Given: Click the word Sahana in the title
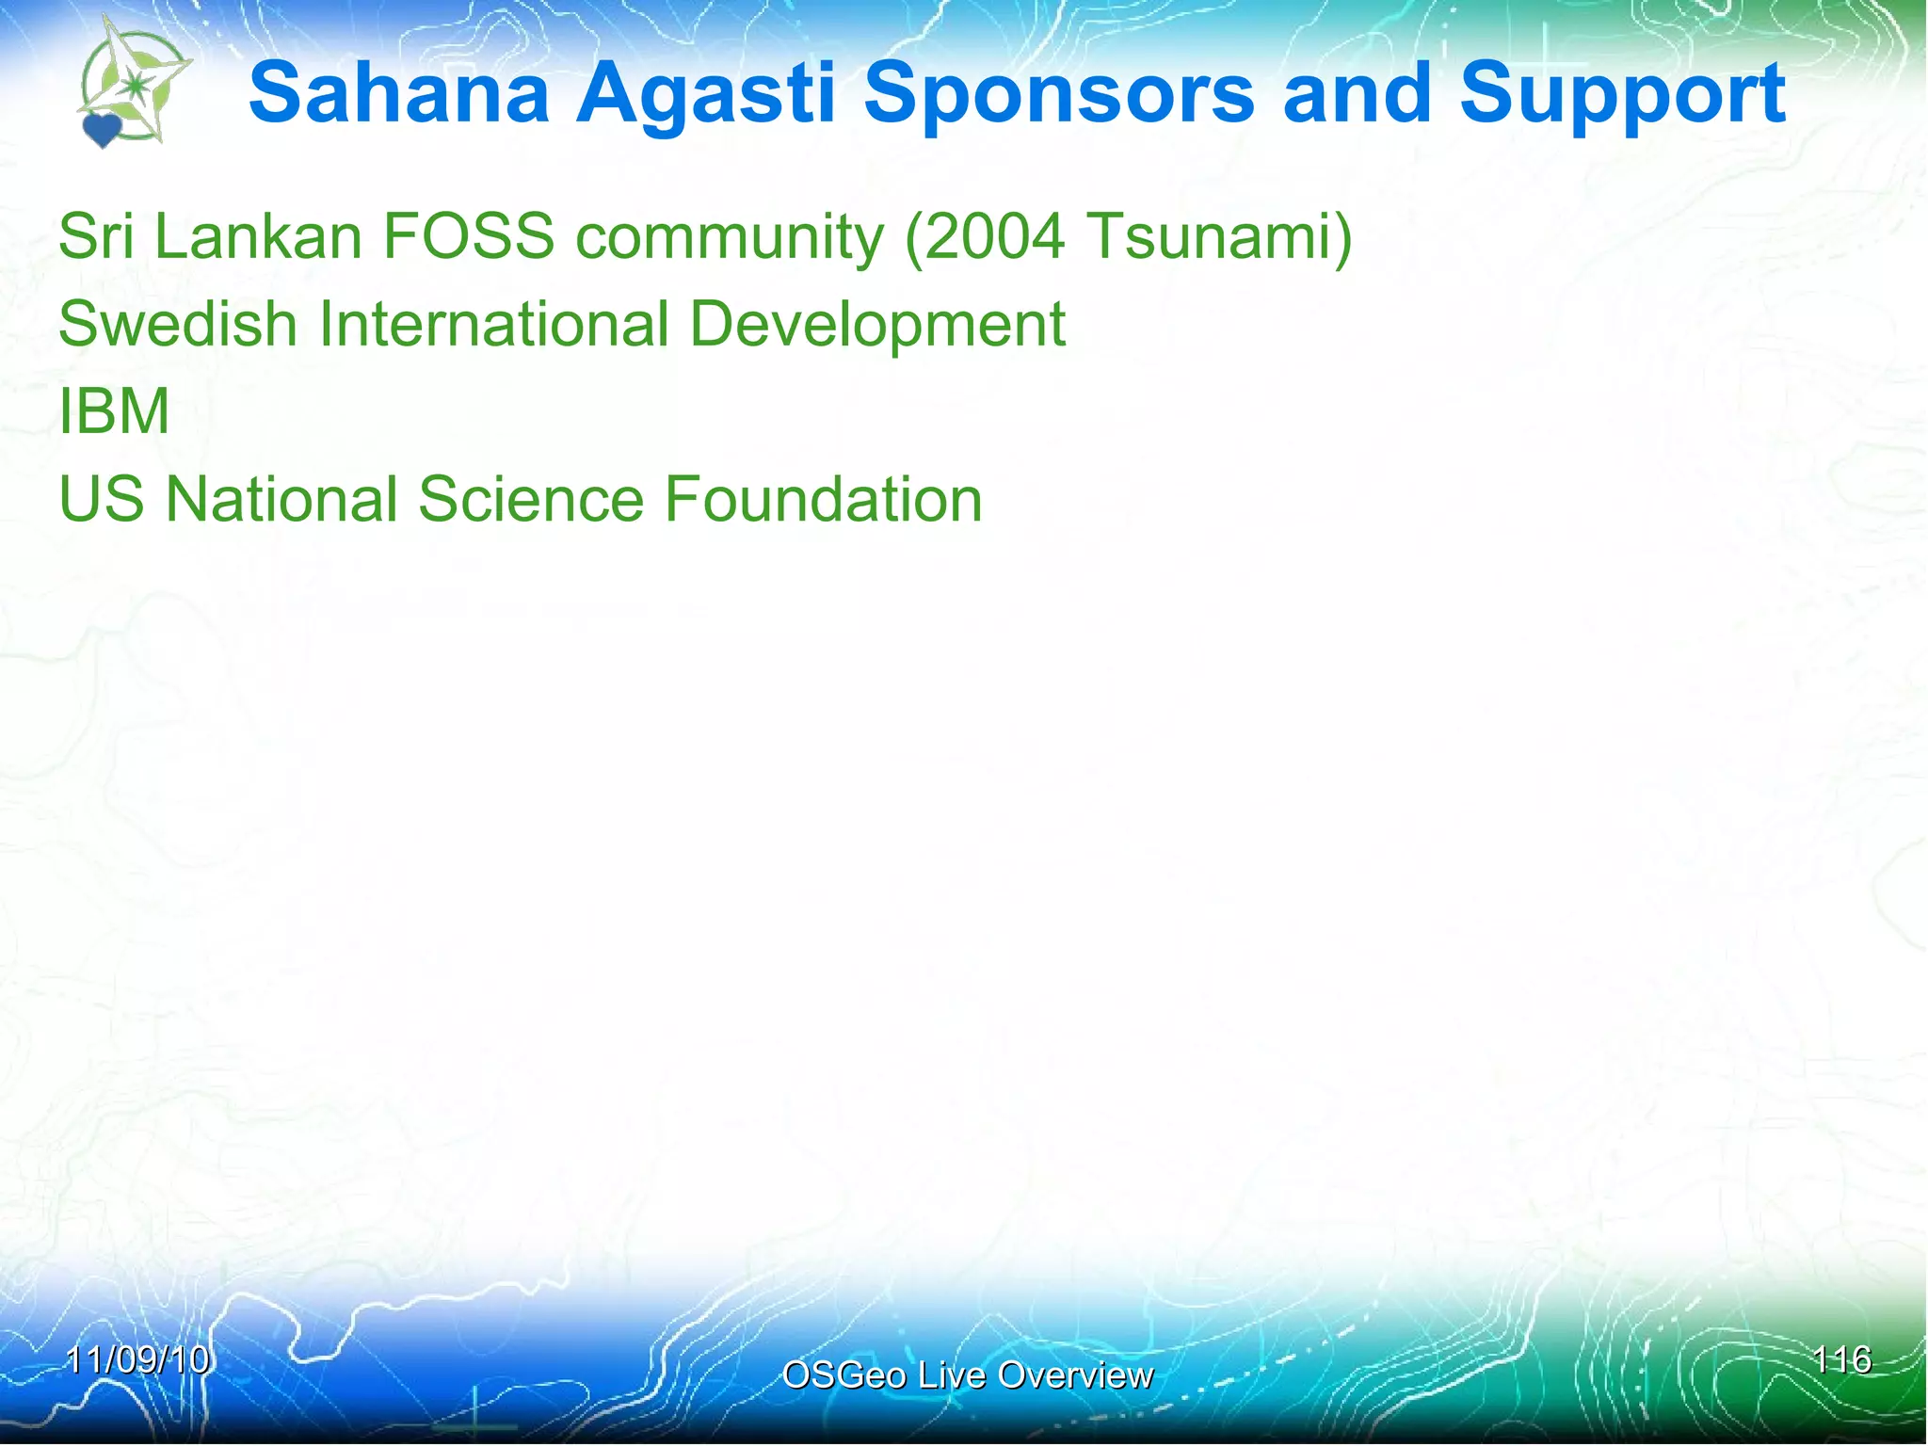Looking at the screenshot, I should (x=398, y=93).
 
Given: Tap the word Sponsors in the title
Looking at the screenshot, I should (x=1058, y=95).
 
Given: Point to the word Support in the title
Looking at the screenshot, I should (x=1622, y=95).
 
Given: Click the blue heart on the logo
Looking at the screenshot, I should (x=102, y=130).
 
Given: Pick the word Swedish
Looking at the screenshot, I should (x=178, y=324).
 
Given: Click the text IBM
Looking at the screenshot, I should (x=114, y=411).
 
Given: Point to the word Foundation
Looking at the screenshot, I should (x=823, y=499).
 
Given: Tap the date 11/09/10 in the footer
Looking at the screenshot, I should (x=137, y=1359).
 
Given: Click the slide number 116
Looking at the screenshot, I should (x=1841, y=1359).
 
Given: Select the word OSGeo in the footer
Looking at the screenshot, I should (x=843, y=1375).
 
